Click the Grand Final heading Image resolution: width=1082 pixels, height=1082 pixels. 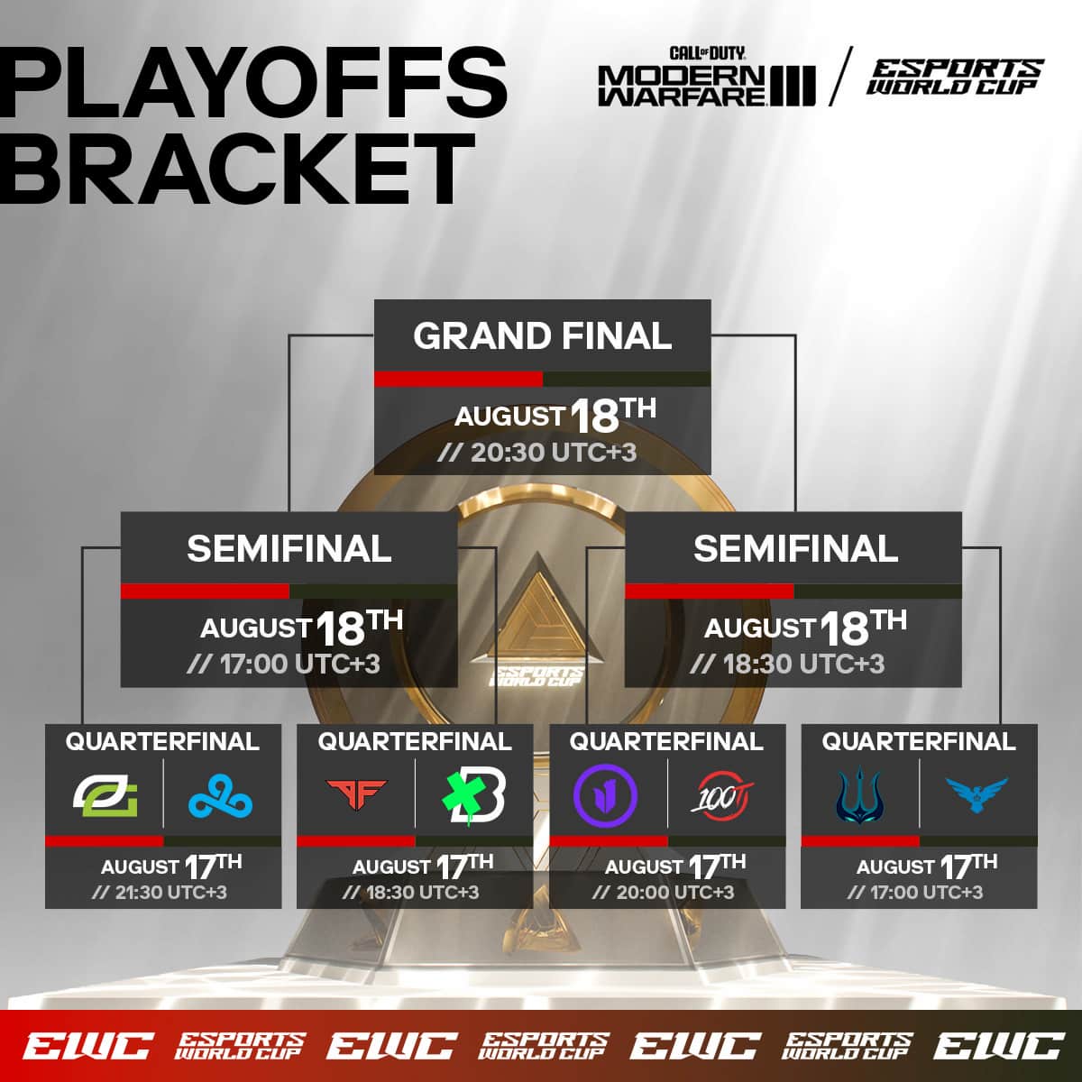pyautogui.click(x=542, y=336)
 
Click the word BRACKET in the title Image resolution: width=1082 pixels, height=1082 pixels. pyautogui.click(x=239, y=169)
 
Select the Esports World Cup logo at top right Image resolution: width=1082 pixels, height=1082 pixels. pyautogui.click(x=954, y=77)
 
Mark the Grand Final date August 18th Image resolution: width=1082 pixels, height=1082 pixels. pyautogui.click(x=555, y=415)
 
